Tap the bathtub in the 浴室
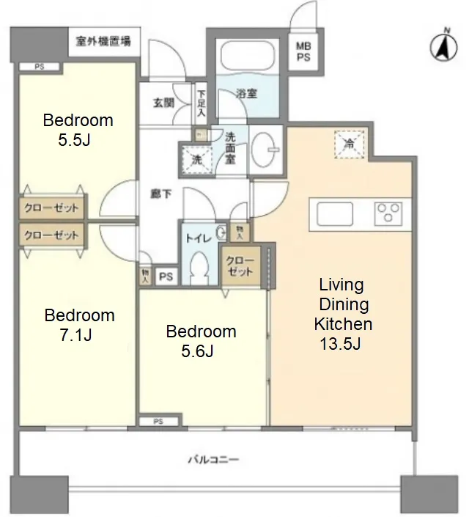(247, 56)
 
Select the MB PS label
(303, 51)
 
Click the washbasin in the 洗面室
(265, 149)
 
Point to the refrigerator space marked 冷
(349, 144)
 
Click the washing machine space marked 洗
(197, 160)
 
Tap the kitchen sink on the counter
(335, 214)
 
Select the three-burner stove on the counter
(388, 213)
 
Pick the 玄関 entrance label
(164, 103)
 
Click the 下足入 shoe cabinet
(201, 103)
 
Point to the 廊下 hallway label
(160, 194)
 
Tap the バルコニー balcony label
(213, 459)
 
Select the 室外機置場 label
(103, 41)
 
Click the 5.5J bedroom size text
(74, 140)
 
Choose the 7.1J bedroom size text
(75, 335)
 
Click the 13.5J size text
(341, 344)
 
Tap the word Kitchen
(343, 324)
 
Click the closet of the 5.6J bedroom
(240, 265)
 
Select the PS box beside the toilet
(166, 276)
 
